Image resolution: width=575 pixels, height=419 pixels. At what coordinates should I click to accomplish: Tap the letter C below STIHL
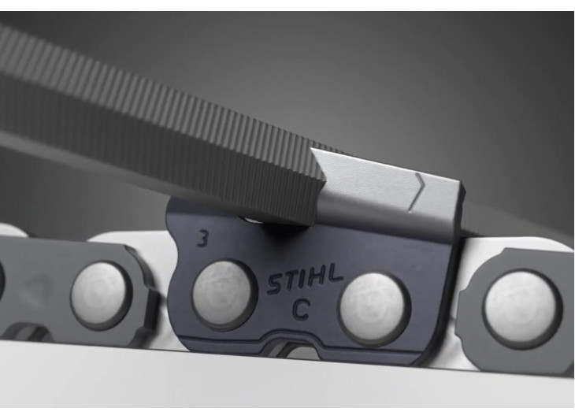coord(302,310)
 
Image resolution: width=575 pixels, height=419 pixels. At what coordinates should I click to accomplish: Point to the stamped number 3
coord(202,239)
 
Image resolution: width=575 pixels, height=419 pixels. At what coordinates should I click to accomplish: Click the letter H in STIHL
coord(319,277)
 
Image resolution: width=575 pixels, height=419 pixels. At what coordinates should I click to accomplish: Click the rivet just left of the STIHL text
coord(223,296)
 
